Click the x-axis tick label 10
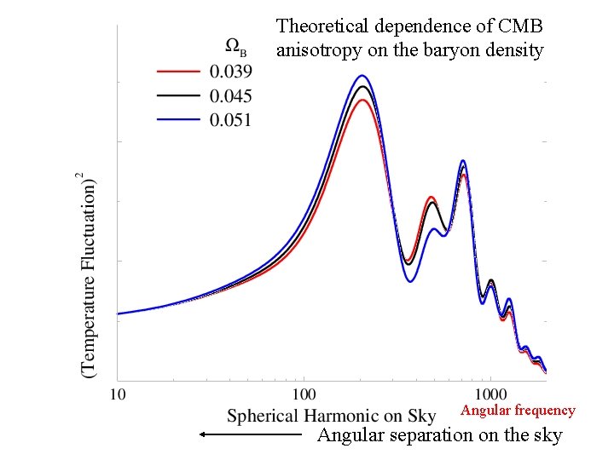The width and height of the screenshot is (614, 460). point(119,394)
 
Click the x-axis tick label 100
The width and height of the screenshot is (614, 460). point(304,394)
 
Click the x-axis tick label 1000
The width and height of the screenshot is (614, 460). point(490,394)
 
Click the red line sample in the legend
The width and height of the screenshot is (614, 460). point(178,70)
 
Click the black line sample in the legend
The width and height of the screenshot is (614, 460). point(178,95)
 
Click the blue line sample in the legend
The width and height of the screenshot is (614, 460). point(178,119)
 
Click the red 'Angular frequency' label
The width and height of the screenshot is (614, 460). point(518,411)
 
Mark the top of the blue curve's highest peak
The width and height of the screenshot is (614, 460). point(362,75)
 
